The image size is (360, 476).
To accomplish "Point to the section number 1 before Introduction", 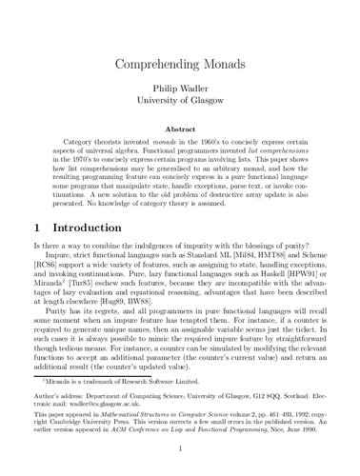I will point(36,228).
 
